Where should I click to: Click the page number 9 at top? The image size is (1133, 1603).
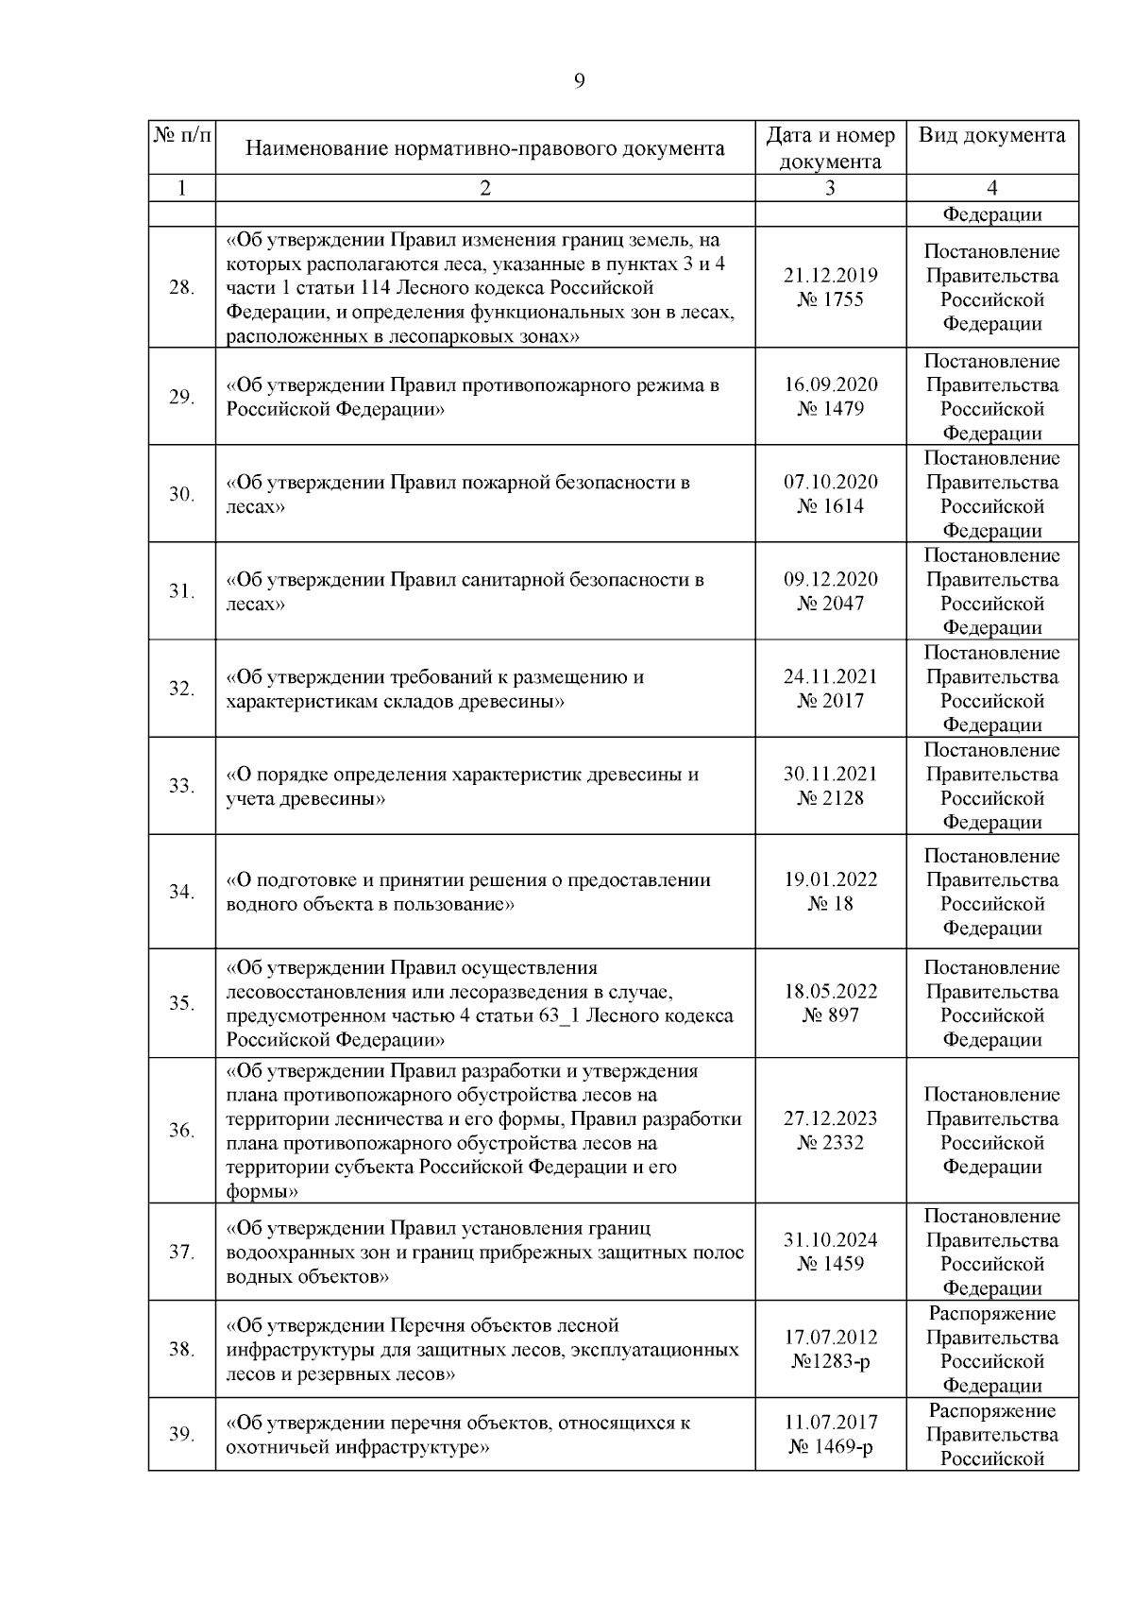coord(579,81)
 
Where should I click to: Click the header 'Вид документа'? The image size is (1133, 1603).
coord(991,135)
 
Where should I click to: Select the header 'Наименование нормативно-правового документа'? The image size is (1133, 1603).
coord(485,148)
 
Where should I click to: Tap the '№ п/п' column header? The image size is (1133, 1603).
coord(181,135)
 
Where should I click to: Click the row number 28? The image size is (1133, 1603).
coord(181,288)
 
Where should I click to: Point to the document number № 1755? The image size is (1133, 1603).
coord(830,300)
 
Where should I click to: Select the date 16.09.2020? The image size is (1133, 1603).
coord(830,385)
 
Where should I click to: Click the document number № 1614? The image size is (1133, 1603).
coord(830,506)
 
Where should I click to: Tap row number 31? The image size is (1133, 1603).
coord(181,591)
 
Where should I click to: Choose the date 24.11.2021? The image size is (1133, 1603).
coord(830,677)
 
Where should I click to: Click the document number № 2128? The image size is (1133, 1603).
coord(830,798)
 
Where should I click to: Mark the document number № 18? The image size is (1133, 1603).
coord(830,904)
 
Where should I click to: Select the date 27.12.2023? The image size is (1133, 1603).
coord(830,1118)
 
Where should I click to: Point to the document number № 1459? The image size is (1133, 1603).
coord(830,1264)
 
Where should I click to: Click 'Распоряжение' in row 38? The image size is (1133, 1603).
coord(991,1314)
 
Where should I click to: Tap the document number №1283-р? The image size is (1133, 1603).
coord(830,1362)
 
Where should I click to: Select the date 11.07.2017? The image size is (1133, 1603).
coord(830,1423)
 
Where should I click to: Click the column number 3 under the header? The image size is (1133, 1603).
coord(830,188)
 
